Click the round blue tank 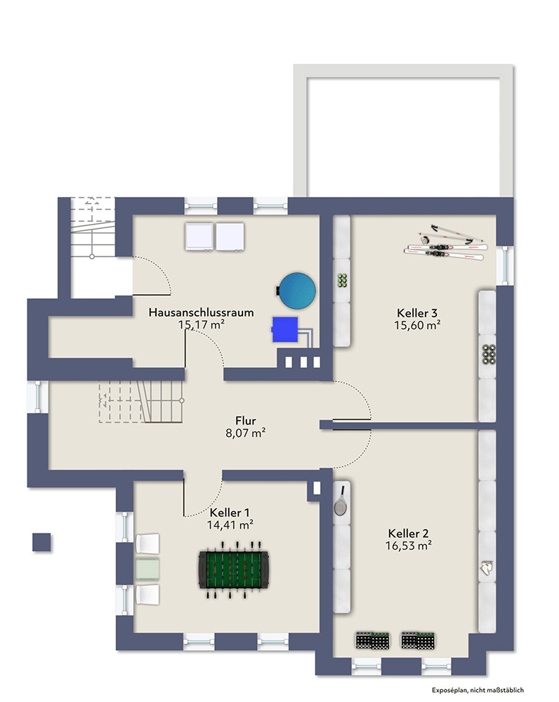pyautogui.click(x=296, y=290)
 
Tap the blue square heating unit pyautogui.click(x=285, y=329)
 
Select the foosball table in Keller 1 pyautogui.click(x=233, y=570)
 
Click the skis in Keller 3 pyautogui.click(x=445, y=244)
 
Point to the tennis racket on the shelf pyautogui.click(x=341, y=501)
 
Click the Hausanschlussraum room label pyautogui.click(x=201, y=312)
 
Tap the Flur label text pyautogui.click(x=246, y=420)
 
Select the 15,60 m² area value pyautogui.click(x=417, y=325)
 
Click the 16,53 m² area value pyautogui.click(x=409, y=545)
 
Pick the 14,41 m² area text pyautogui.click(x=230, y=524)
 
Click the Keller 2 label pyautogui.click(x=408, y=534)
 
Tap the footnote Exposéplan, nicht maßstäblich pyautogui.click(x=478, y=690)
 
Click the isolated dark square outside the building pyautogui.click(x=41, y=543)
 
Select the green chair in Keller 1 pyautogui.click(x=147, y=569)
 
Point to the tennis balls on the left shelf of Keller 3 pyautogui.click(x=342, y=280)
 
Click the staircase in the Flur pyautogui.click(x=140, y=402)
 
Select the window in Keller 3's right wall pyautogui.click(x=505, y=265)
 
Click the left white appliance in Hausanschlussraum pyautogui.click(x=199, y=237)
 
